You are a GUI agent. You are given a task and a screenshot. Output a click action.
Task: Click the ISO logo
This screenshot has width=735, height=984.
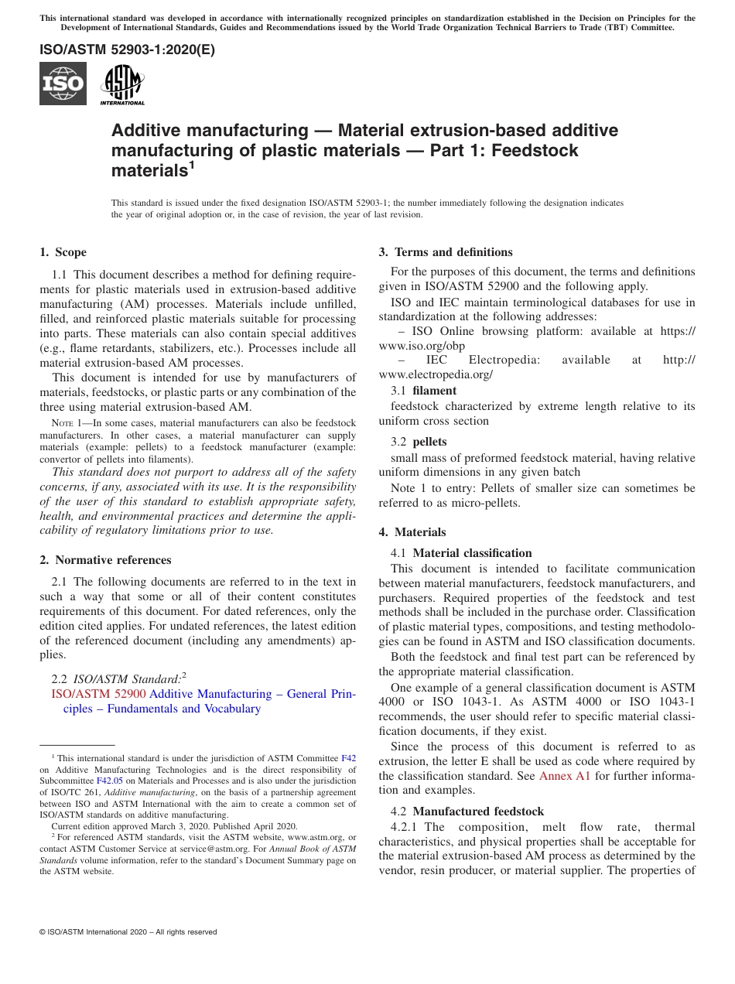(x=63, y=84)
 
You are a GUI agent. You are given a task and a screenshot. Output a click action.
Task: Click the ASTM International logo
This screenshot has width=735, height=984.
(x=122, y=84)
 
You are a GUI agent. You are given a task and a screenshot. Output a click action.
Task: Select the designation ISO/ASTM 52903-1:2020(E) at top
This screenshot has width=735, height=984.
(x=128, y=50)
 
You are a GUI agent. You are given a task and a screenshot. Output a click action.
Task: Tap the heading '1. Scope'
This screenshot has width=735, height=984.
(x=63, y=252)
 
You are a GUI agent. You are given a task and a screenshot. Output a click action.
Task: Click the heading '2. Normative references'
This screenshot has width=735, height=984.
(x=105, y=559)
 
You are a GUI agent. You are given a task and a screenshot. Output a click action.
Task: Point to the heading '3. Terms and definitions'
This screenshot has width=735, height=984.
(x=446, y=252)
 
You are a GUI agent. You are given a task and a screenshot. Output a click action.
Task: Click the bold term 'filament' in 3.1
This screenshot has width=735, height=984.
(x=435, y=391)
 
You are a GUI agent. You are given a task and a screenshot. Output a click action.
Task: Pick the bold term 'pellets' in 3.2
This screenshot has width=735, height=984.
(x=429, y=442)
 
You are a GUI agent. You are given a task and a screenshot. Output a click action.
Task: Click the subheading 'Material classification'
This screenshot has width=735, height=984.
(x=472, y=553)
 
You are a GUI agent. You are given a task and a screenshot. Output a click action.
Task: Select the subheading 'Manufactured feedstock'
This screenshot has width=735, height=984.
(x=478, y=811)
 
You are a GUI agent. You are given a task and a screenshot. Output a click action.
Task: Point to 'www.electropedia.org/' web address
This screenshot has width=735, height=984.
(x=436, y=374)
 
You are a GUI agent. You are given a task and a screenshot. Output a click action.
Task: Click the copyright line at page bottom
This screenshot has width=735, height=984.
(x=128, y=932)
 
